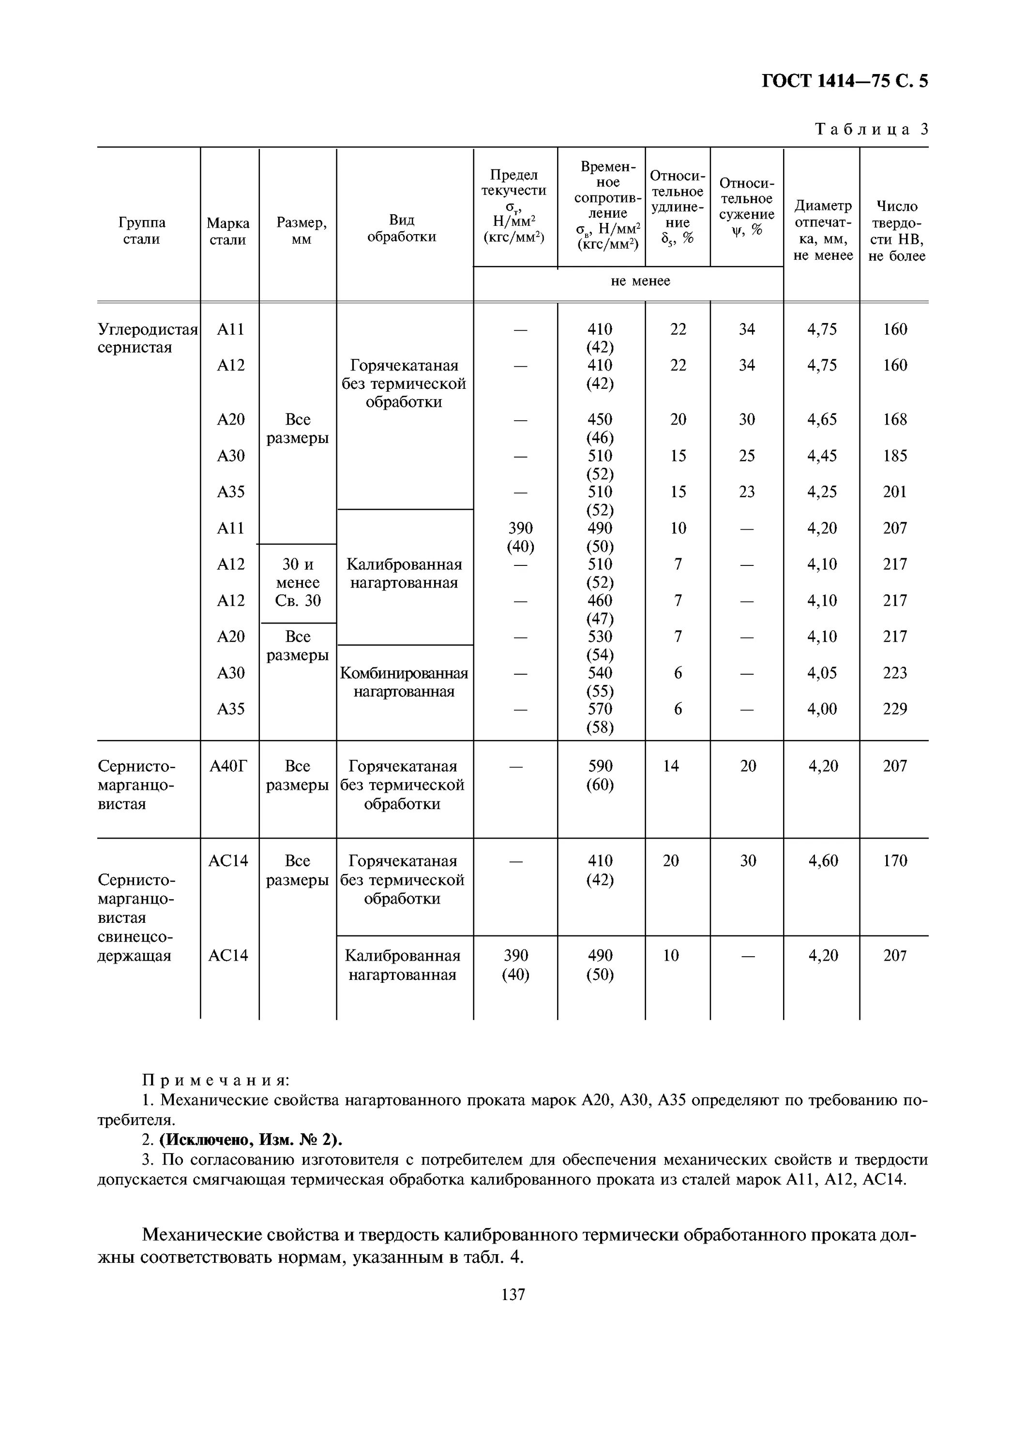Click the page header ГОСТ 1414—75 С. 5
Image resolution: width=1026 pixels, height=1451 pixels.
point(844,81)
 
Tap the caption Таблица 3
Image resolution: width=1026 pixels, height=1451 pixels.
point(871,130)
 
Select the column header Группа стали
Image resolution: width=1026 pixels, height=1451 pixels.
point(142,231)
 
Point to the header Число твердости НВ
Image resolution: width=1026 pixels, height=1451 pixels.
point(896,231)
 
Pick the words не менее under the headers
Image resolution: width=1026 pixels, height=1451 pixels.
point(640,281)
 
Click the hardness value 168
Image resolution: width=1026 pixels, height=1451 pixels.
point(894,420)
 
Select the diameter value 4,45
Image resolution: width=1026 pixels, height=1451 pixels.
point(821,456)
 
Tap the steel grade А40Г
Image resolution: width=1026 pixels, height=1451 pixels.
point(228,767)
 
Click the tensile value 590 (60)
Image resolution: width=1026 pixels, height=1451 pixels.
point(600,775)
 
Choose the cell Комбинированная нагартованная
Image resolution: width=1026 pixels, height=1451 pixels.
point(404,682)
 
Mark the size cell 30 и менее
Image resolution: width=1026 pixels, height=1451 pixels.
point(298,573)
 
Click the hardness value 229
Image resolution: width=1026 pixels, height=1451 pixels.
point(894,709)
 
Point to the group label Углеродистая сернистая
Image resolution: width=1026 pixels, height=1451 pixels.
point(147,338)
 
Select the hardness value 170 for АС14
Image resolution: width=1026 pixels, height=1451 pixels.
point(894,861)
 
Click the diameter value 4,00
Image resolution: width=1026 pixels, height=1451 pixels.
point(821,709)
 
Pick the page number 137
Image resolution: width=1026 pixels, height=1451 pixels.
point(513,1295)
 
